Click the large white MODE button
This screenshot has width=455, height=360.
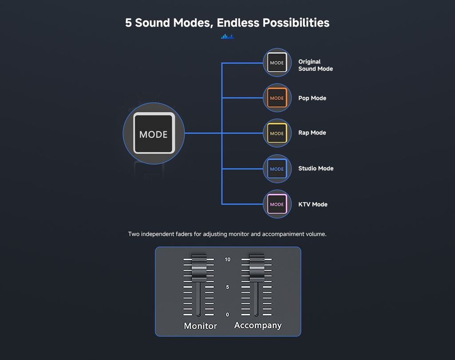154,133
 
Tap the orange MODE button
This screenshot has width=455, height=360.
277,98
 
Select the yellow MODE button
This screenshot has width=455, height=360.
277,133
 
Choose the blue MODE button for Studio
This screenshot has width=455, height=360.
277,169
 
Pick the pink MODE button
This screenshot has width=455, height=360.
277,204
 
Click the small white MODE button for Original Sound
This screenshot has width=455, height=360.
277,63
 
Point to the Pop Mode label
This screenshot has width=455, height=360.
312,98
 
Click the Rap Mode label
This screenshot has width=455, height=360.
312,133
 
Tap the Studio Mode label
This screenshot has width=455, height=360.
316,168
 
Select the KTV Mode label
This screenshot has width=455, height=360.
313,204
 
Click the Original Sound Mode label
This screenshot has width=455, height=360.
315,65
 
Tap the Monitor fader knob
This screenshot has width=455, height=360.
199,268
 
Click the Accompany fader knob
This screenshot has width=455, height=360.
256,268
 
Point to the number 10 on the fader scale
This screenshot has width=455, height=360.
227,259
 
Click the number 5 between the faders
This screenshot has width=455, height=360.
227,287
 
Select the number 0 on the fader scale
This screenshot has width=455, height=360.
227,314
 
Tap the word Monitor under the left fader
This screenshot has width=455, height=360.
200,326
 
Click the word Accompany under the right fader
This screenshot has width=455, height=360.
258,325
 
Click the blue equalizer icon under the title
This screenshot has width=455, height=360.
227,37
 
